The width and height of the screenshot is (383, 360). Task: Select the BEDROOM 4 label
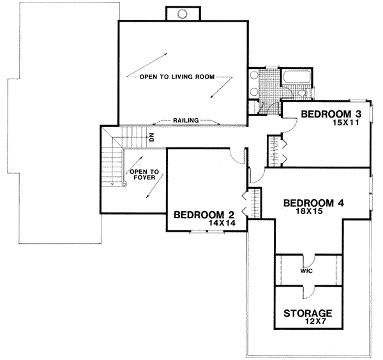pos(314,204)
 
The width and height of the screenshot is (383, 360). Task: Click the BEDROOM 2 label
pos(199,214)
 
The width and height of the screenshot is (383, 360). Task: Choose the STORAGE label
pos(308,313)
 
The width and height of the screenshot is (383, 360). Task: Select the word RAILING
pos(185,119)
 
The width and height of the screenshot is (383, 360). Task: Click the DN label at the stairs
pos(152,136)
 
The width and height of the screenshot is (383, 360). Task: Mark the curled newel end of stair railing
pos(124,183)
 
